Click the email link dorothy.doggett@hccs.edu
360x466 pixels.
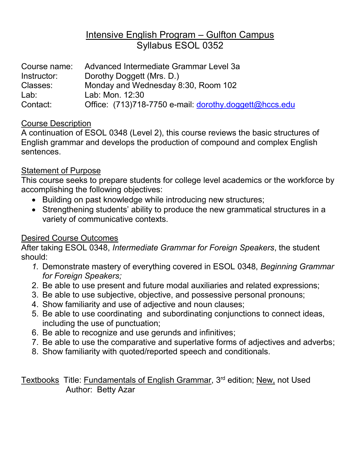pos(245,105)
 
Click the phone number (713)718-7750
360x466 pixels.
pos(140,105)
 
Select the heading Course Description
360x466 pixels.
pos(56,123)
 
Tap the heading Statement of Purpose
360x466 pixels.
pos(61,170)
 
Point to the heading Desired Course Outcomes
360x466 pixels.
pos(69,238)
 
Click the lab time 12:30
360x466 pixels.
pos(134,95)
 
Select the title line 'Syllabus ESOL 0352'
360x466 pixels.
pos(180,45)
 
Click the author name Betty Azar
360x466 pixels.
pos(116,390)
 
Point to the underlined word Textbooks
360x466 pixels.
pos(40,380)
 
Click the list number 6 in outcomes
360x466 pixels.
pos(35,332)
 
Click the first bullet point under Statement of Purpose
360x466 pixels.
pos(34,200)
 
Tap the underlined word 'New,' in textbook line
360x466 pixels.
pos(265,380)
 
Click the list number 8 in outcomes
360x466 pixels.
pos(35,351)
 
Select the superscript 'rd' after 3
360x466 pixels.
pos(223,378)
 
